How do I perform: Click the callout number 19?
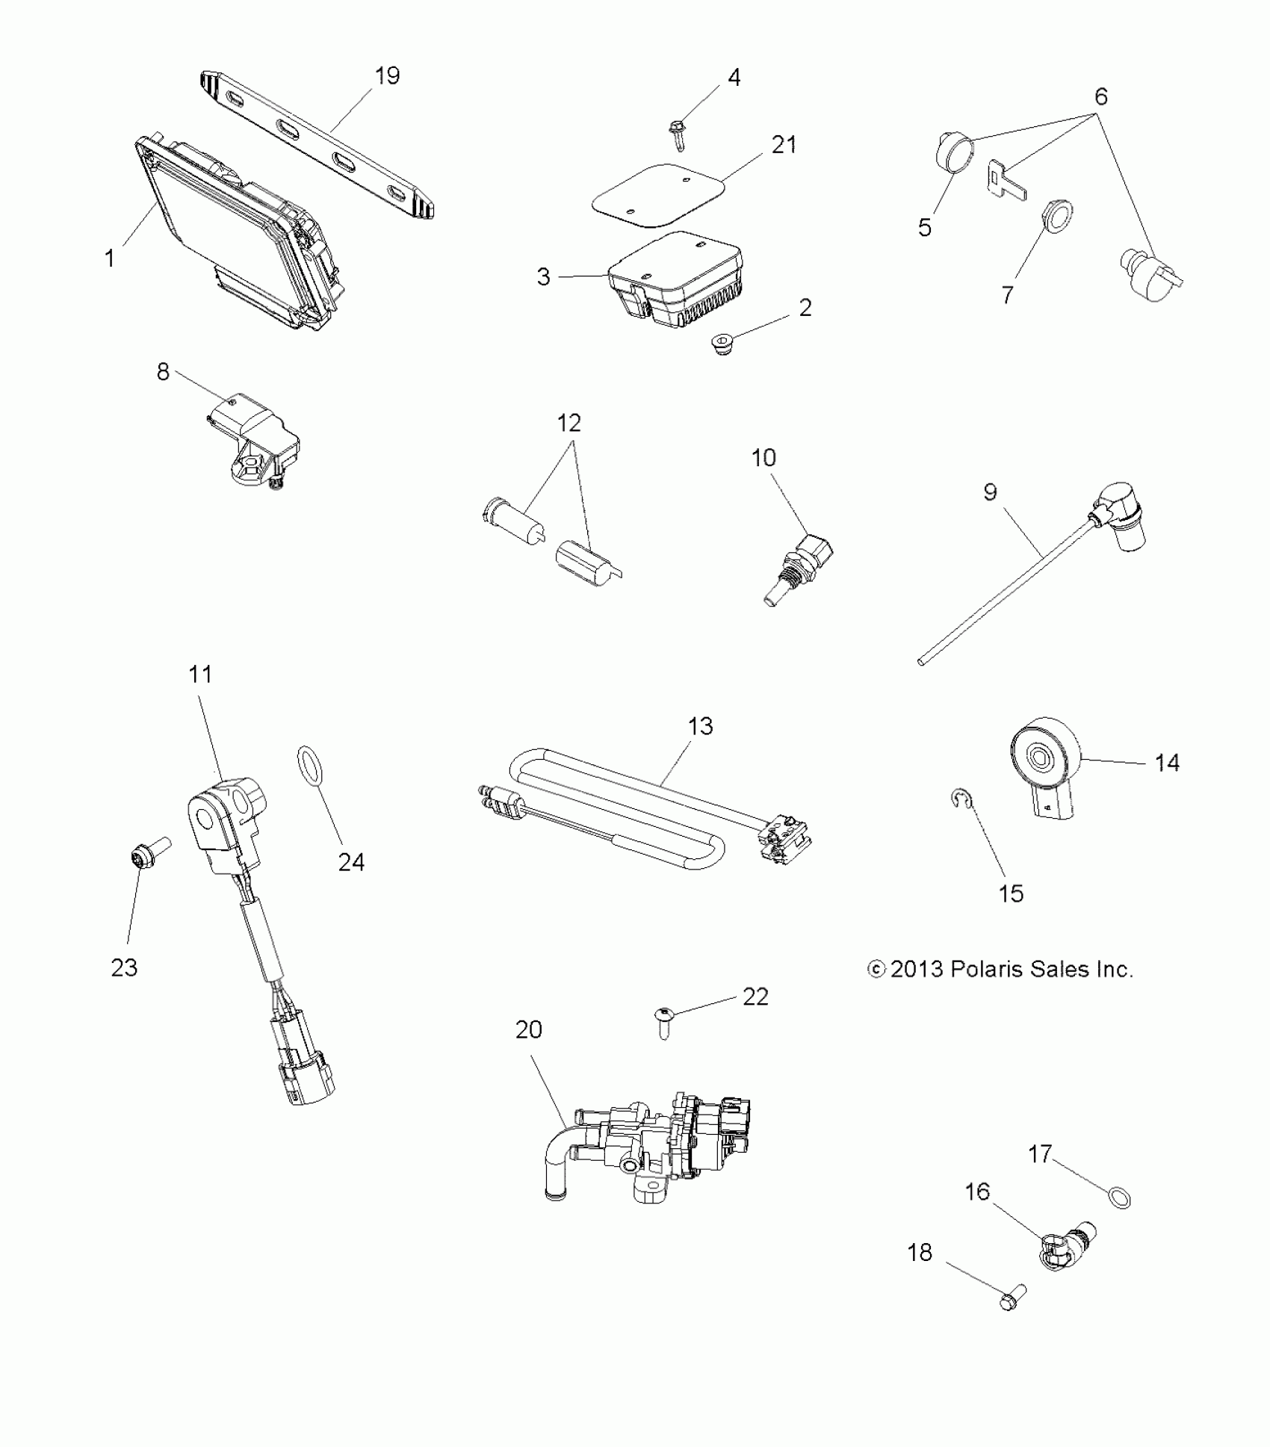(x=387, y=75)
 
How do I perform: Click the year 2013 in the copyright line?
(x=917, y=969)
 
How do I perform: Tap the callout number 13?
(x=700, y=725)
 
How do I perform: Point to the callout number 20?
(x=528, y=1030)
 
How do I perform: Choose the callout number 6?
(x=1100, y=97)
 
